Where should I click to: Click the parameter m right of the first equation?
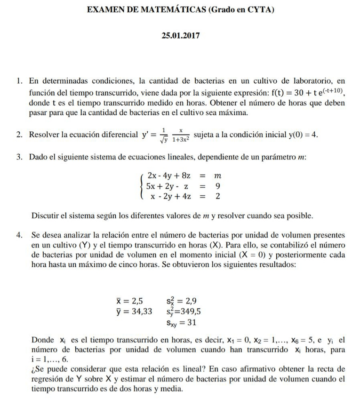point(217,176)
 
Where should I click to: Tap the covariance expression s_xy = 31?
point(181,322)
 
